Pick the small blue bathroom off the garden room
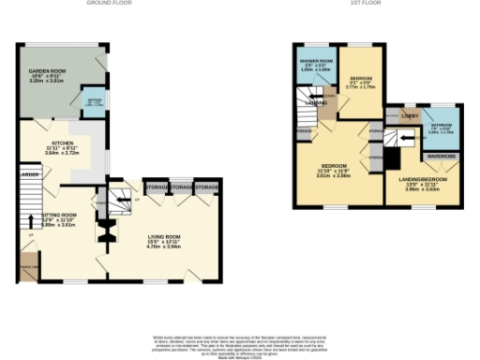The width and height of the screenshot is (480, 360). coord(96,100)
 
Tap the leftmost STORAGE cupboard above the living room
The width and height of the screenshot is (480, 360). coord(157,188)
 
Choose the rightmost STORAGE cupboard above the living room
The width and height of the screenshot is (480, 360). coord(207,188)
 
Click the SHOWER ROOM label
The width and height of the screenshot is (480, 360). coord(317,60)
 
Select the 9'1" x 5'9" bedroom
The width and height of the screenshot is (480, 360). coord(359,79)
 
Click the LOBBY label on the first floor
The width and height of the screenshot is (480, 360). coord(410,115)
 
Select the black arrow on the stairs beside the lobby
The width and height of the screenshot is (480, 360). coord(406,137)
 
